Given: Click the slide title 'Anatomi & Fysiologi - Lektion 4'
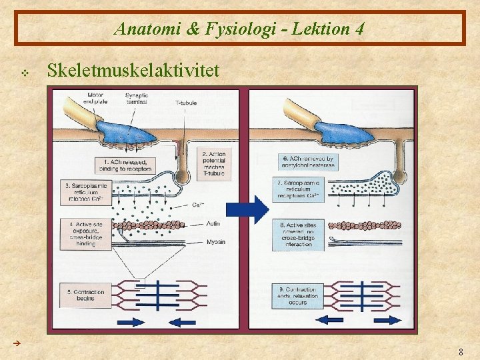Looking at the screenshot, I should click(239, 29).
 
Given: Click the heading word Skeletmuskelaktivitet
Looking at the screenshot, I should click(133, 71).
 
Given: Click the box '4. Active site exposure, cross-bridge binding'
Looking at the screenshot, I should click(82, 233).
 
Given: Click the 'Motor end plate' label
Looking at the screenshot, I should click(95, 99).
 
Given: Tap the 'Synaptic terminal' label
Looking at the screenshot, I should click(137, 99).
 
